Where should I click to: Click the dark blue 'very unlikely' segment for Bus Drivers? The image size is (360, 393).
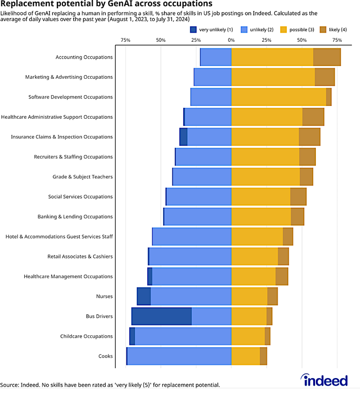click(161, 316)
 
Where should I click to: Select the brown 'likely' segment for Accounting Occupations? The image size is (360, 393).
click(327, 57)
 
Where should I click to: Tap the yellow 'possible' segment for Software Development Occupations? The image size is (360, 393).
click(278, 97)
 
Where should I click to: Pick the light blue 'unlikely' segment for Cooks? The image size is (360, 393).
click(179, 356)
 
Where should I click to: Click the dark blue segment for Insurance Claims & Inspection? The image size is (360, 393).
click(183, 136)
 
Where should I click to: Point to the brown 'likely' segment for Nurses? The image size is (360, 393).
click(272, 296)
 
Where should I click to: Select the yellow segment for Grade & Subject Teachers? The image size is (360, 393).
click(265, 176)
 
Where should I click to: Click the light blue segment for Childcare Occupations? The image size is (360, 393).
click(183, 336)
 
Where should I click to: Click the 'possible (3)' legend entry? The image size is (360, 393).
click(296, 30)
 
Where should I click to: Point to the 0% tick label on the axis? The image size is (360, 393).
click(231, 40)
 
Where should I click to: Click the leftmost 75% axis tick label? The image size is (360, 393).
click(125, 40)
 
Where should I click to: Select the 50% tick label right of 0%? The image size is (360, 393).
click(302, 40)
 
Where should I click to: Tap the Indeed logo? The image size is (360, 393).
click(324, 379)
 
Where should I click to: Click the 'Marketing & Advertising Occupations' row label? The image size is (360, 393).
click(69, 77)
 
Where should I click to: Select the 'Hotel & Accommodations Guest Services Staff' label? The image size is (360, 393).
click(59, 237)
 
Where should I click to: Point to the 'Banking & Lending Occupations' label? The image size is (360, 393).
click(75, 217)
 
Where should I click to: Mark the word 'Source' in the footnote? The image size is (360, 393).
click(9, 385)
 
